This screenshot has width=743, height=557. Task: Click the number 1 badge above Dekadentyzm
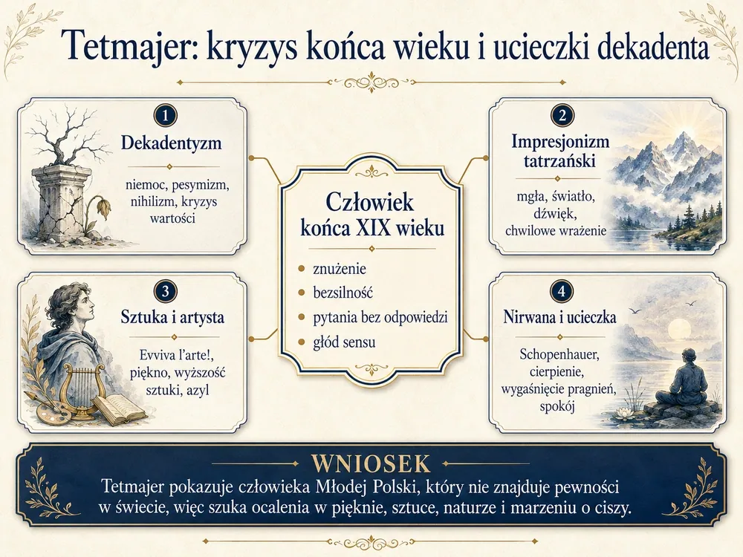166,116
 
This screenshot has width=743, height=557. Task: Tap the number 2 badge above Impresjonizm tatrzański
562,116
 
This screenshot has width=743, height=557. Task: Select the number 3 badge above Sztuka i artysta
166,291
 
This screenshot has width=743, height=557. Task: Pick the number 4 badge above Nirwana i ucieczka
562,291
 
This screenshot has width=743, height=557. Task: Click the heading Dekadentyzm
171,143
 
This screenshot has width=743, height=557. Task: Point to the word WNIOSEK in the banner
371,465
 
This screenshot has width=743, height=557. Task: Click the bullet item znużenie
340,269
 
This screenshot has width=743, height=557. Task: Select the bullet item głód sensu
344,342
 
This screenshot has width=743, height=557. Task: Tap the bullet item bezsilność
343,292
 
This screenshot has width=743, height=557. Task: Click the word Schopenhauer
559,354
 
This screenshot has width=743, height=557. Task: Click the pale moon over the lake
678,330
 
